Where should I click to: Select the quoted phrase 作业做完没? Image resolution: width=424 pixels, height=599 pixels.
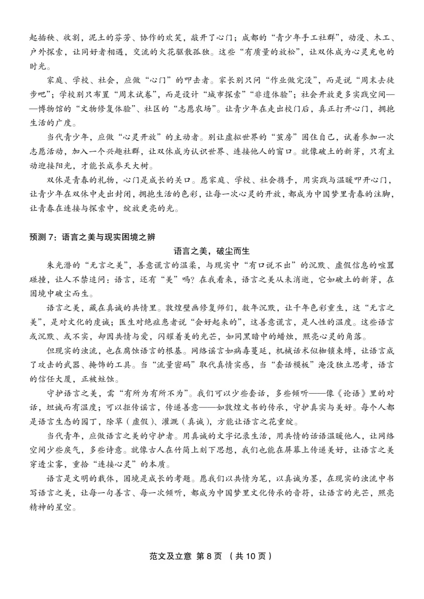[289, 80]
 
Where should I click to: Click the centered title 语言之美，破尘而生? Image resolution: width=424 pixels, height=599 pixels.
[212, 251]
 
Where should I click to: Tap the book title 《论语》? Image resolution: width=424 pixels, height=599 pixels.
[352, 393]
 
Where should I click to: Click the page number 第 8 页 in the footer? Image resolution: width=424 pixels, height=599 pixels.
[209, 556]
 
